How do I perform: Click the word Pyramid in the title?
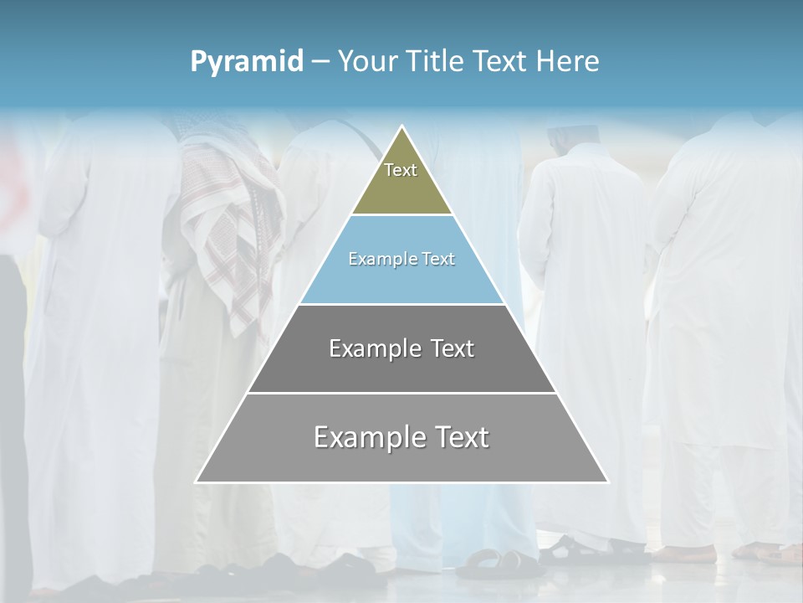pos(247,62)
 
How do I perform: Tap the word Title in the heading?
pos(438,62)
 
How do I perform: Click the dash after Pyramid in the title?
pos(320,62)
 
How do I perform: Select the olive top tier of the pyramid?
pos(401,188)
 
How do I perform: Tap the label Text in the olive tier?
pos(401,170)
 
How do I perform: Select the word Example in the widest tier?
pos(368,437)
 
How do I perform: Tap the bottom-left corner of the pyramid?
pos(197,482)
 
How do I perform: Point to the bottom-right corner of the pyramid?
pos(607,482)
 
